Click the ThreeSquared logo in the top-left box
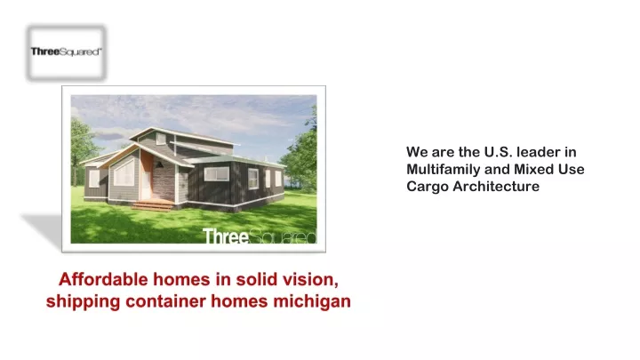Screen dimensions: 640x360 coord(66,52)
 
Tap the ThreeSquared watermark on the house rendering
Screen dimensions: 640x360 coord(260,236)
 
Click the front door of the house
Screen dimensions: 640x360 coord(146,180)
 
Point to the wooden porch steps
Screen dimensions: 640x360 coord(153,205)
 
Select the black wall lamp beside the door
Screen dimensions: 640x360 coord(160,164)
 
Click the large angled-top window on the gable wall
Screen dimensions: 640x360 coord(124,173)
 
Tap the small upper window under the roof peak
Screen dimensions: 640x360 coord(161,140)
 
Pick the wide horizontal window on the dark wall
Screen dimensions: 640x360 coord(217,174)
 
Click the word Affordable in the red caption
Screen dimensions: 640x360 coord(103,280)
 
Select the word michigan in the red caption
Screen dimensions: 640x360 coord(312,301)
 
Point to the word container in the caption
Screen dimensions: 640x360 coord(165,301)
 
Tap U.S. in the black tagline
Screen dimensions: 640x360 coord(499,152)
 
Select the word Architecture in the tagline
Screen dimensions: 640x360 coord(496,187)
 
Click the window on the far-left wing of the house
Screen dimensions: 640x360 coord(94,179)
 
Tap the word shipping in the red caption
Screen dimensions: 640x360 coord(83,302)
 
